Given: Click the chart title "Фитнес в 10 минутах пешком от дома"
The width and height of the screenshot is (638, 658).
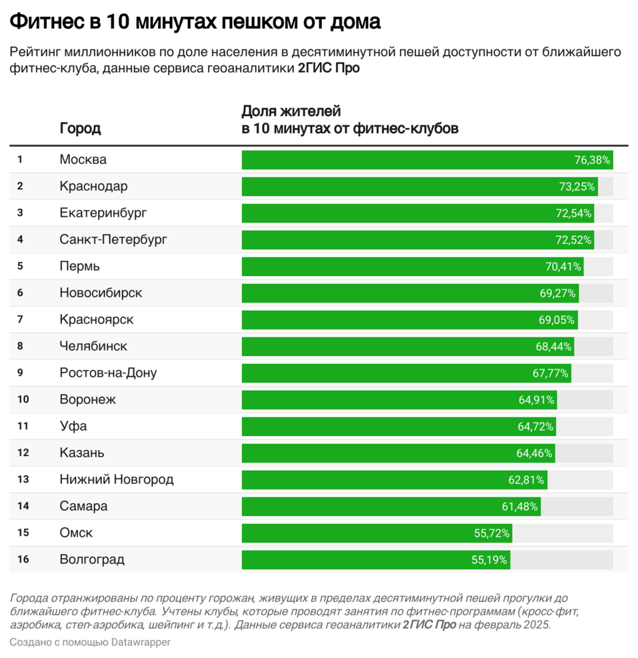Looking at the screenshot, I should coord(195,22).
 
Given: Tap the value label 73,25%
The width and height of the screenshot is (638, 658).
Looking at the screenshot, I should coord(577,187).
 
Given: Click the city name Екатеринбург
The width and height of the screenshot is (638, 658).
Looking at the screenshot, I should coord(103,213).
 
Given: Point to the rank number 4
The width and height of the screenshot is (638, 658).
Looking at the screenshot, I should coord(20,239).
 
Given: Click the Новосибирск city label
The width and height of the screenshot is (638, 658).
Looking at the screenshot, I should coord(101,293).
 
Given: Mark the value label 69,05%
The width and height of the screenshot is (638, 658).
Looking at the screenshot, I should coord(557,320).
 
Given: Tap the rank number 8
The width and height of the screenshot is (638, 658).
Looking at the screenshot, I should coord(20,346).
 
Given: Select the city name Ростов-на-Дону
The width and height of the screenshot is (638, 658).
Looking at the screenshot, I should coord(108,373).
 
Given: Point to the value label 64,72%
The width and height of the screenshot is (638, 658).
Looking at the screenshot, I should coord(536,427).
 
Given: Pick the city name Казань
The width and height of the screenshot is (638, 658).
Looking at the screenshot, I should coord(82,453).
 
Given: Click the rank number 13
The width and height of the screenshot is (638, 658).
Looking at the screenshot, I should coord(23,479).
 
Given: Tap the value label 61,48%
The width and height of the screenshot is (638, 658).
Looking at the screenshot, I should coord(520,507).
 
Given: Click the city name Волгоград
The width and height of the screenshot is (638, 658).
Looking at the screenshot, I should coord(92,560).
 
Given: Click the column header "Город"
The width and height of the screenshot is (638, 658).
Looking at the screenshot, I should coord(80,129).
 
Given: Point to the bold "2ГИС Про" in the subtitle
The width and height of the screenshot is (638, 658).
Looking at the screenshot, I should coord(329,69).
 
